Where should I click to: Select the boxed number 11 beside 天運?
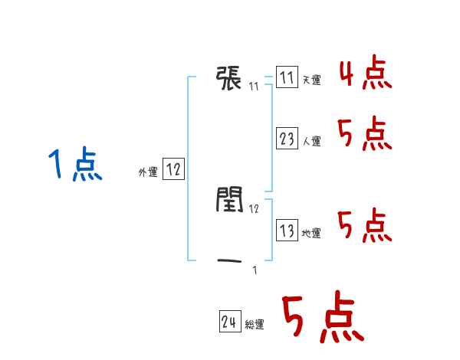(x=287, y=78)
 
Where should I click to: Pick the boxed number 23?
(x=287, y=139)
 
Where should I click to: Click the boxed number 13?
(x=287, y=231)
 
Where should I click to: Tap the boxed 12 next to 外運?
(x=173, y=170)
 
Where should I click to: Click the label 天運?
(x=311, y=80)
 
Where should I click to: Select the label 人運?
(x=311, y=141)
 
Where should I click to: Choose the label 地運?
(x=311, y=233)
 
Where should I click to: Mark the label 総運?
(x=255, y=325)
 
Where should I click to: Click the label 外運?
(x=148, y=172)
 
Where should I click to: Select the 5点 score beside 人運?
(x=365, y=136)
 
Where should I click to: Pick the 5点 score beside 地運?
(x=365, y=225)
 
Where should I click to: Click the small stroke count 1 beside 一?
(x=255, y=270)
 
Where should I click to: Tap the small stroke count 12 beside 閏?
(x=254, y=208)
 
